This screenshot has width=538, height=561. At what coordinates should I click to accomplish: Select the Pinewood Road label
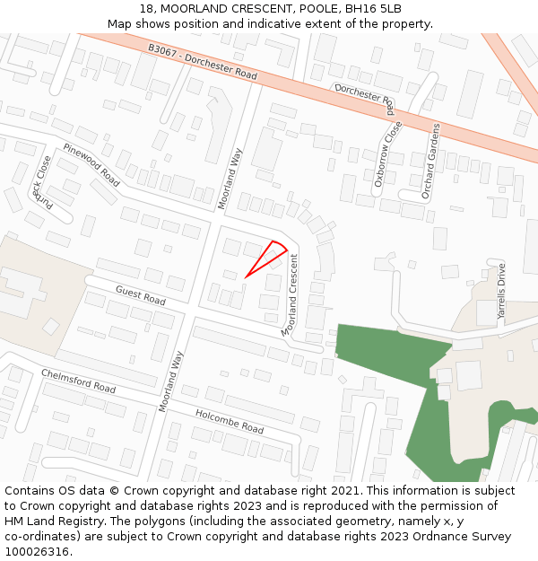pyautogui.click(x=91, y=165)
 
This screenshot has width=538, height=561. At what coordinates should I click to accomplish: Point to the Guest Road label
pyautogui.click(x=141, y=295)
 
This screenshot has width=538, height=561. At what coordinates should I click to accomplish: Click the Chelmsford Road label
pyautogui.click(x=79, y=381)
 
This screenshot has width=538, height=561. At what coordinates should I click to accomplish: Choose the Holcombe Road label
pyautogui.click(x=230, y=421)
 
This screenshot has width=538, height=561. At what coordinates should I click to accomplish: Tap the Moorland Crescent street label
pyautogui.click(x=291, y=295)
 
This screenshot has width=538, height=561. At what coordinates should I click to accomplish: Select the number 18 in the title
pyautogui.click(x=147, y=9)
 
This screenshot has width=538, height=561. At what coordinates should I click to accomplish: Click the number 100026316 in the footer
pyautogui.click(x=38, y=552)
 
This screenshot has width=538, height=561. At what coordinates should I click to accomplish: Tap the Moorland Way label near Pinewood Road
pyautogui.click(x=230, y=179)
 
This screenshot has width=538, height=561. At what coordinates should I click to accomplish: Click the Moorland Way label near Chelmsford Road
pyautogui.click(x=171, y=381)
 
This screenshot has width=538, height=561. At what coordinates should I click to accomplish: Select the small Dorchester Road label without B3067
pyautogui.click(x=366, y=100)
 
